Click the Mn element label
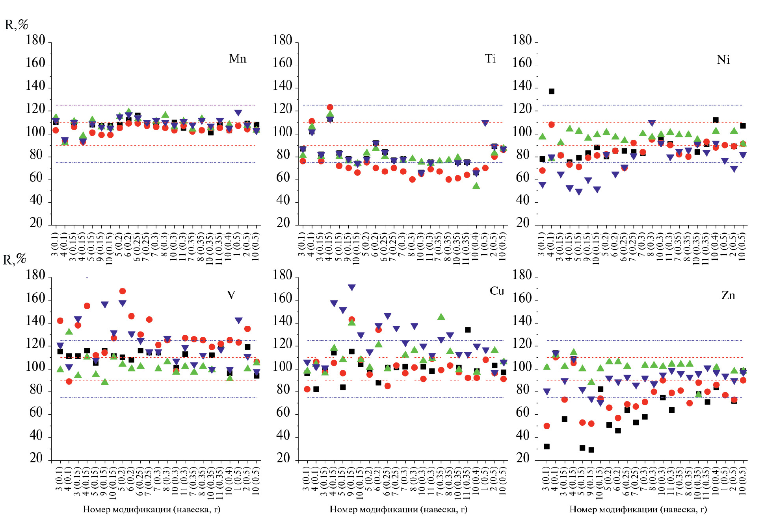(238, 59)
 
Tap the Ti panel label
(490, 59)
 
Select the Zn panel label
(728, 295)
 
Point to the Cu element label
(497, 291)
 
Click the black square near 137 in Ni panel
(552, 91)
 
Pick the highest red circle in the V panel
(123, 291)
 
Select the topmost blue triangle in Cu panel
(352, 288)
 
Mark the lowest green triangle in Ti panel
(476, 185)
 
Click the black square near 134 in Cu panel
(468, 330)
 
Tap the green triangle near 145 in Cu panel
(441, 317)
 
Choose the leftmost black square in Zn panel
(547, 447)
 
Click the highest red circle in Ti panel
(330, 107)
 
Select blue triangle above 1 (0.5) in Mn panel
(238, 113)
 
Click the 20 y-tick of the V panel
(36, 458)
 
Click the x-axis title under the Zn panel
(638, 510)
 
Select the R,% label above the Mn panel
(16, 25)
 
